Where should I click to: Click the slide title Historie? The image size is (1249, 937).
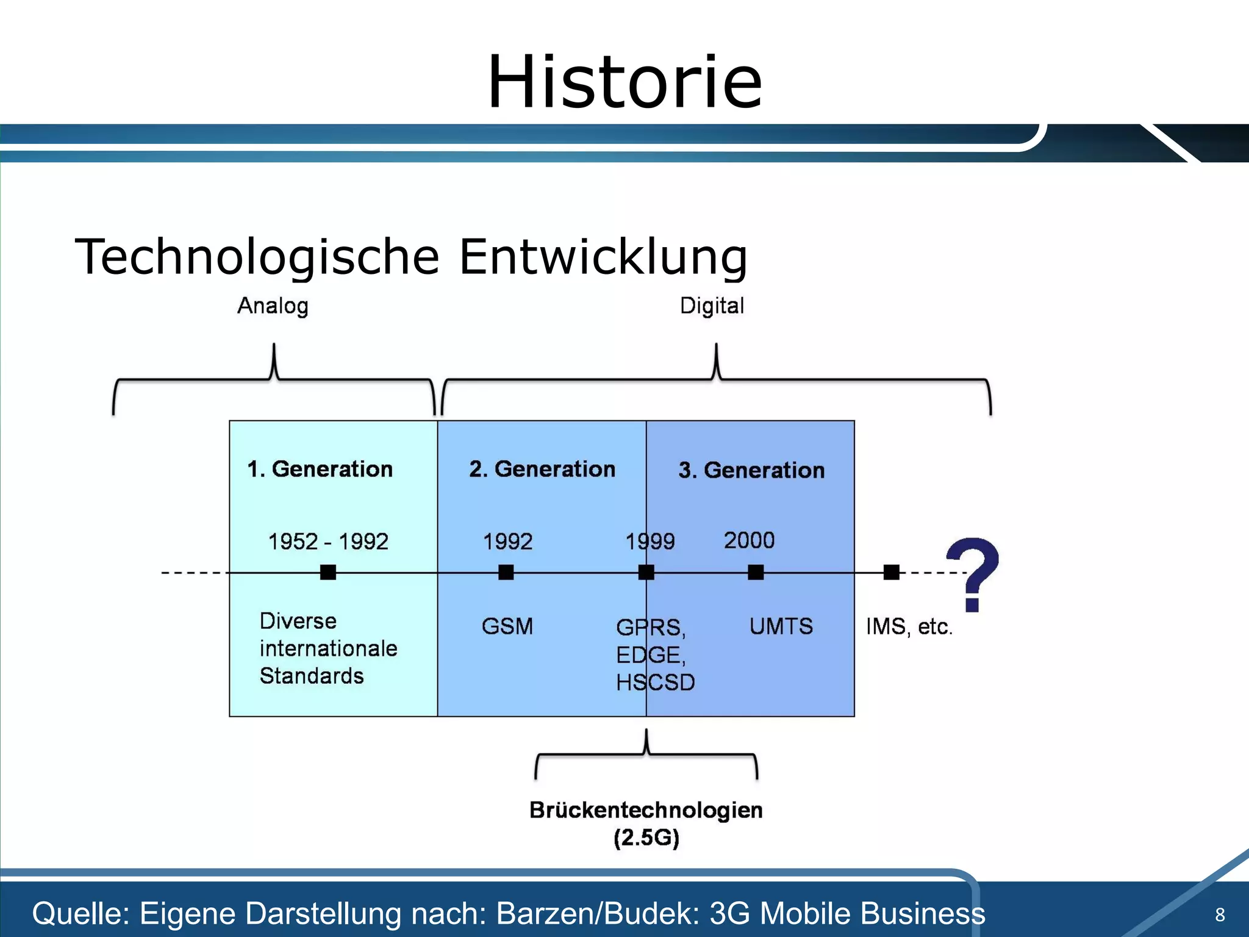pos(624,82)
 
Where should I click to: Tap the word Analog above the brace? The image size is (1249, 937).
pos(273,306)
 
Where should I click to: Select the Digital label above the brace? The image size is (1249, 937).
pos(712,306)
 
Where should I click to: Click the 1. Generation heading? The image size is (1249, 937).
pos(320,469)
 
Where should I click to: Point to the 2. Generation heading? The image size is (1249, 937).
pos(542,469)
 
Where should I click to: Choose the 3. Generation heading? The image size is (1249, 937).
pos(751,470)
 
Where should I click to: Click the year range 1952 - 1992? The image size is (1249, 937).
pos(328,542)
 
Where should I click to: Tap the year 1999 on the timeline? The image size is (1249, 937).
pos(650,542)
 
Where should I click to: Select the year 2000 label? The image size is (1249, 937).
pos(749,540)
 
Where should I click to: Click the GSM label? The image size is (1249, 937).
pos(507,626)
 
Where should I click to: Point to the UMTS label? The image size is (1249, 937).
pos(781,626)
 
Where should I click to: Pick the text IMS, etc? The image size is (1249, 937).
pos(909,626)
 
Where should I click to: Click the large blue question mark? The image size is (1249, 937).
pos(973,573)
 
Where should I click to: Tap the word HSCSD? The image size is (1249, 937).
pos(655,683)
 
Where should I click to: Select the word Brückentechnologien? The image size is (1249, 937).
pos(646,810)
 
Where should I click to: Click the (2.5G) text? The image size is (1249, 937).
pos(646,838)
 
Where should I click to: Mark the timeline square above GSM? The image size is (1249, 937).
pos(506,572)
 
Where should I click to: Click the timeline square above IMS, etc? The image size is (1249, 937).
pos(891,572)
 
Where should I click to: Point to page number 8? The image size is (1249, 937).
pos(1220,914)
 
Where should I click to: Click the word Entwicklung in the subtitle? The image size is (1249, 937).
pos(603,257)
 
